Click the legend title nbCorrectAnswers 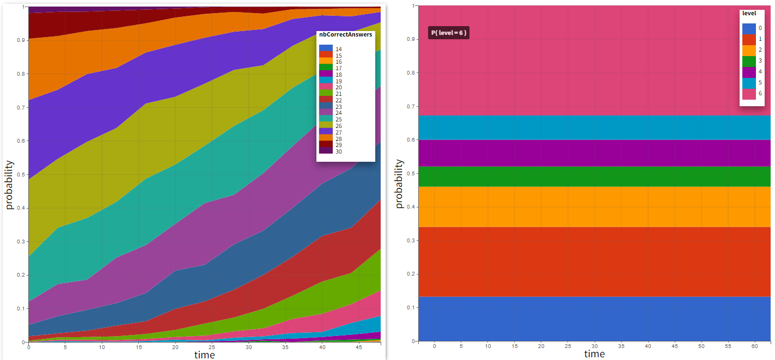345,34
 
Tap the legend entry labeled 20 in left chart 339,87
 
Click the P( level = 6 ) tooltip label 448,33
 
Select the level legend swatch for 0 749,28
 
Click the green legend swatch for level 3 749,61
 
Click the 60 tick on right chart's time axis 755,346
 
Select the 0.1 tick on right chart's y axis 411,308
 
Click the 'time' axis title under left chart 205,355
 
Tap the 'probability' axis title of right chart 399,184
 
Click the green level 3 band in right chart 594,176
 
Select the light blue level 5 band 594,127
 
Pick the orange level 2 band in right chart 594,207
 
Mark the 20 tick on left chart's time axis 175,347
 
